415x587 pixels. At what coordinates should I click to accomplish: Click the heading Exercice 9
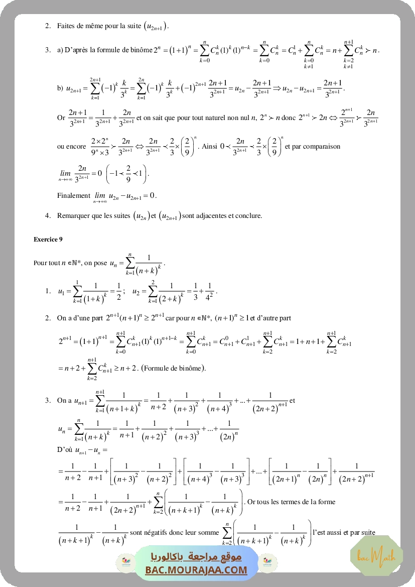pos(48,240)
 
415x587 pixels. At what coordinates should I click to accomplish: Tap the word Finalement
pos(73,195)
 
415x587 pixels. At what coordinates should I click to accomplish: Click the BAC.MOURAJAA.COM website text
pos(196,570)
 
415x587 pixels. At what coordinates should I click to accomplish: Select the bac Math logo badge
pos(376,555)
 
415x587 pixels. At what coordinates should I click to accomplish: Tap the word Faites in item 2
pos(67,25)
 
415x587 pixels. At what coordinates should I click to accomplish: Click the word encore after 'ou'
pos(76,147)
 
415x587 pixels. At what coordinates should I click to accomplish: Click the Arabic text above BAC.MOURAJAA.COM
pos(196,557)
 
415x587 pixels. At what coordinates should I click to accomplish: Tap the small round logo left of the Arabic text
pos(123,563)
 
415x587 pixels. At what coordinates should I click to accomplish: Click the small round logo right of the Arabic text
pos(269,563)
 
